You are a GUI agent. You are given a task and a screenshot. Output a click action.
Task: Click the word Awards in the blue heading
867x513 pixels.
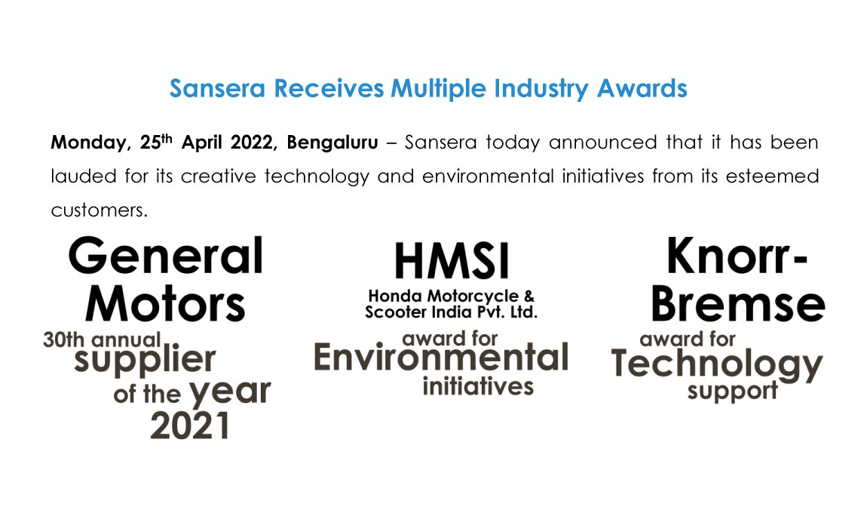pos(642,88)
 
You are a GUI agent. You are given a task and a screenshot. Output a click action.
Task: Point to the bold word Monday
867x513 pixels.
pos(90,143)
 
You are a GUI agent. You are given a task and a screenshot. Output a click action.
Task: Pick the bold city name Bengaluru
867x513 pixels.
pos(332,143)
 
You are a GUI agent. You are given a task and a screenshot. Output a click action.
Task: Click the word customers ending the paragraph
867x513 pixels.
pos(99,210)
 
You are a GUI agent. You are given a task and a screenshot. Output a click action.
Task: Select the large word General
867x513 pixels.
pos(166,256)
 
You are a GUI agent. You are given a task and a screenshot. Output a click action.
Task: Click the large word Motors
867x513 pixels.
pos(165,304)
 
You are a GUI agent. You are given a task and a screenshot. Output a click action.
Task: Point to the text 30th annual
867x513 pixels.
pos(102,339)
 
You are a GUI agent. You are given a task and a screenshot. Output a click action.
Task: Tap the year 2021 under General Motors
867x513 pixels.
pos(190,426)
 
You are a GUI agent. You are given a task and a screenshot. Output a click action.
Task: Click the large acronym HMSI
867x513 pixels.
pos(452,262)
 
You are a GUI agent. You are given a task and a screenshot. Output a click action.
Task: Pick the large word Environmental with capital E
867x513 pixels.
pos(441,358)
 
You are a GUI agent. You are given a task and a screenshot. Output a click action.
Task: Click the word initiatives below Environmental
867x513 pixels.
pos(478,386)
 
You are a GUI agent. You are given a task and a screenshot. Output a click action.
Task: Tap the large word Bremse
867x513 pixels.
pos(738,304)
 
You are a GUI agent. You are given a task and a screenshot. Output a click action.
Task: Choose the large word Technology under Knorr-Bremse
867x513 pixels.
pos(717,365)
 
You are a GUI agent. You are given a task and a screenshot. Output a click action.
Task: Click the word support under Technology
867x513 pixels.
pos(733,392)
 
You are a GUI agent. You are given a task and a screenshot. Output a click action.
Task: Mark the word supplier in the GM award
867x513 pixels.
pos(145,361)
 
